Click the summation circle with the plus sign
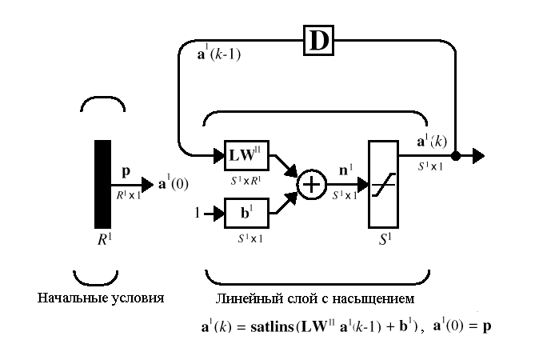coord(312,185)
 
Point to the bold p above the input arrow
coord(126,170)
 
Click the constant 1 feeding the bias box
coord(197,214)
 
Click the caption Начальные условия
coord(101,298)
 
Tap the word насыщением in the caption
coord(373,298)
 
